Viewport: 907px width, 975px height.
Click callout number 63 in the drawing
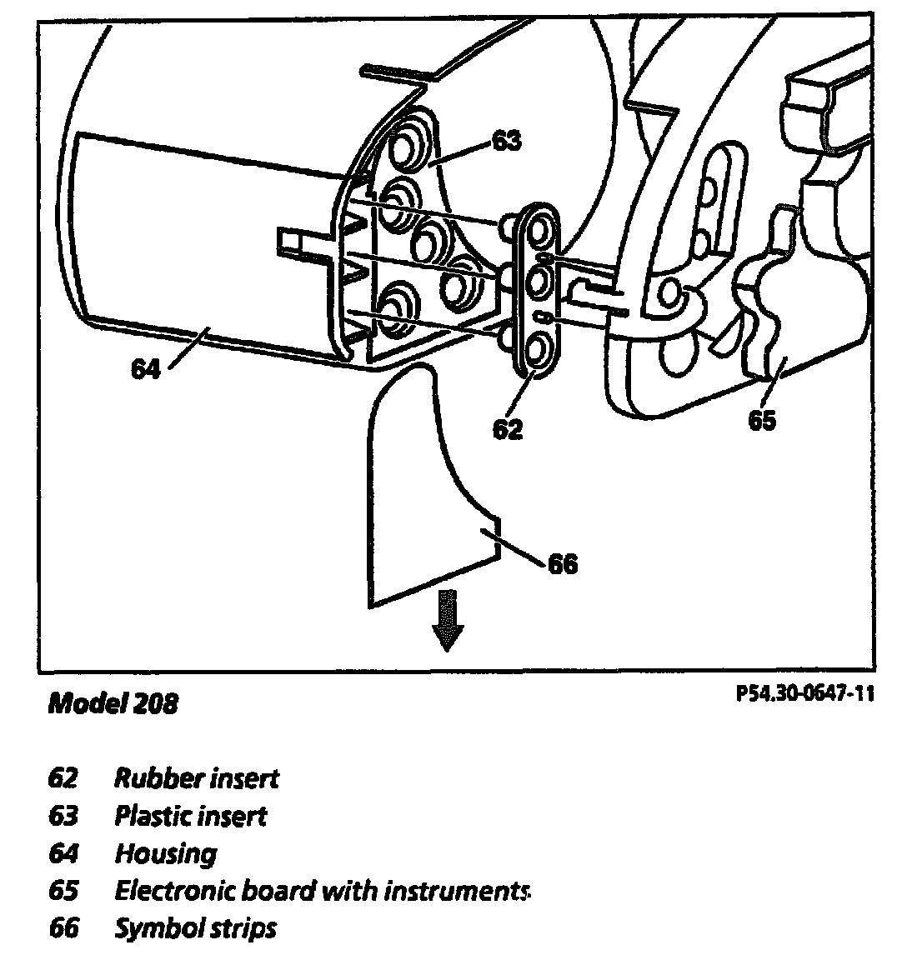pos(506,141)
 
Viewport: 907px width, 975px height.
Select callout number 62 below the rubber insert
pos(508,429)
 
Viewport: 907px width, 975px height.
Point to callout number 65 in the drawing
pos(761,421)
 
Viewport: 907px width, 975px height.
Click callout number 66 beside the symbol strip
pos(563,564)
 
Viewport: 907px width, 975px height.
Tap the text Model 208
pos(113,703)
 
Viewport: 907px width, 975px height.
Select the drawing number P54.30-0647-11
pos(805,693)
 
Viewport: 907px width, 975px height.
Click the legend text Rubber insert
pos(197,779)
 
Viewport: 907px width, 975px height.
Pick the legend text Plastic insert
pos(191,816)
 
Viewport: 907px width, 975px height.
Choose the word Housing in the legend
pos(165,853)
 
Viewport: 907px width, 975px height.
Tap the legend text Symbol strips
pos(195,927)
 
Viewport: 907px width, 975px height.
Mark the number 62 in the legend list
pos(63,779)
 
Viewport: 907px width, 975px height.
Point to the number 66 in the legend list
pos(63,927)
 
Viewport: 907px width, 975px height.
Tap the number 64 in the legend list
pos(63,853)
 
